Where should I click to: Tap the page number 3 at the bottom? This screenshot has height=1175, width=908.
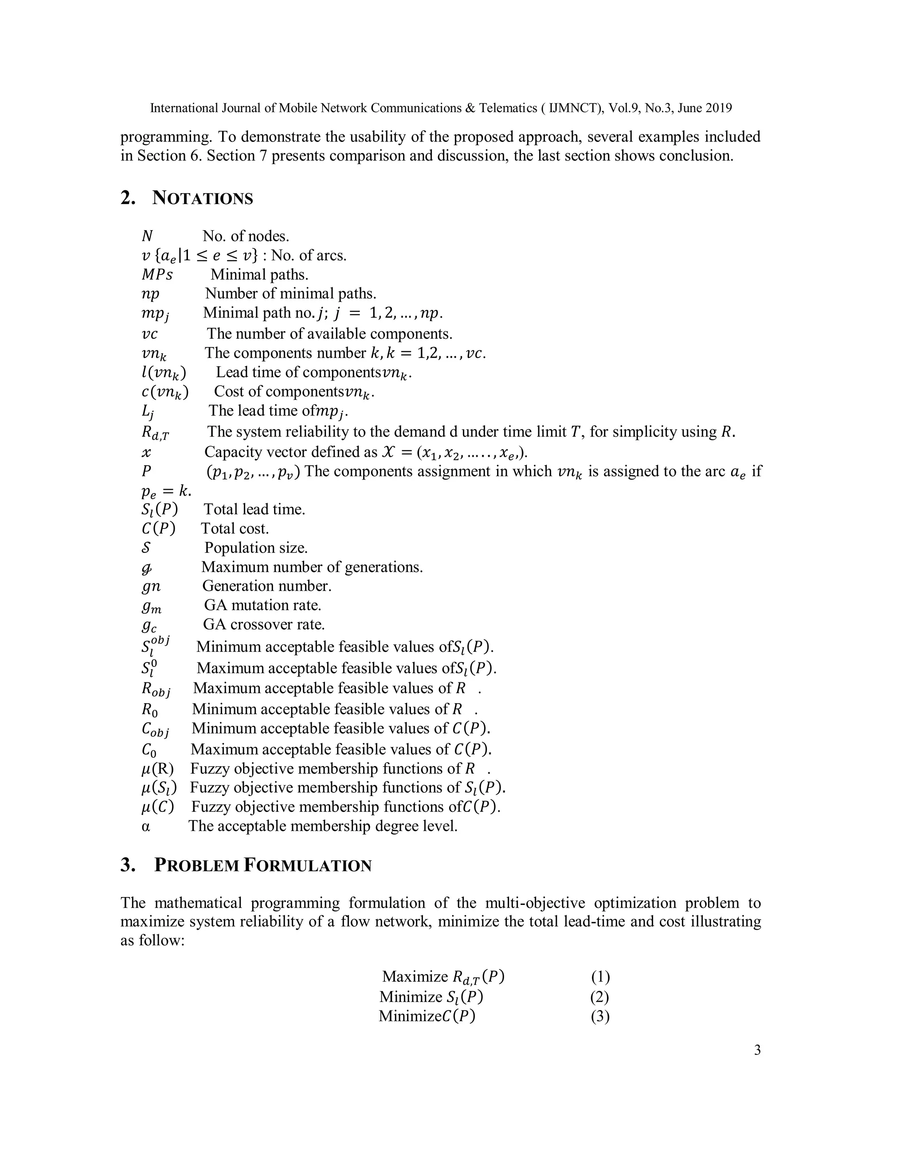pyautogui.click(x=757, y=1050)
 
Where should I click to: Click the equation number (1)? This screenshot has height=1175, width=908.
pyautogui.click(x=600, y=976)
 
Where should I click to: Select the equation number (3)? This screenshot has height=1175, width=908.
pyautogui.click(x=600, y=1016)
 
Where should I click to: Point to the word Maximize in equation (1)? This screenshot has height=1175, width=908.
pyautogui.click(x=415, y=976)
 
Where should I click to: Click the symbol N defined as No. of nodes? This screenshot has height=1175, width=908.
pyautogui.click(x=147, y=236)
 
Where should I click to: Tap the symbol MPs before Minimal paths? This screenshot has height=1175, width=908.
pyautogui.click(x=157, y=274)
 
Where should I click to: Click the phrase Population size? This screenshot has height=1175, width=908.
pyautogui.click(x=256, y=548)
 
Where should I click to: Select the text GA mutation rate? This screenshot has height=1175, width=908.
pyautogui.click(x=262, y=605)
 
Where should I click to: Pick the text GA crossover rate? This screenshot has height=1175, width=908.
pyautogui.click(x=264, y=624)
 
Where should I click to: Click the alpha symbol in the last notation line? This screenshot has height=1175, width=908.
pyautogui.click(x=146, y=826)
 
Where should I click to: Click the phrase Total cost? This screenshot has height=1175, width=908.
pyautogui.click(x=235, y=529)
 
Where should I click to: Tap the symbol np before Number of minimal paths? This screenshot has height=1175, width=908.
pyautogui.click(x=151, y=294)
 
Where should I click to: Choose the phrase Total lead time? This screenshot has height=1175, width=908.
pyautogui.click(x=254, y=509)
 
